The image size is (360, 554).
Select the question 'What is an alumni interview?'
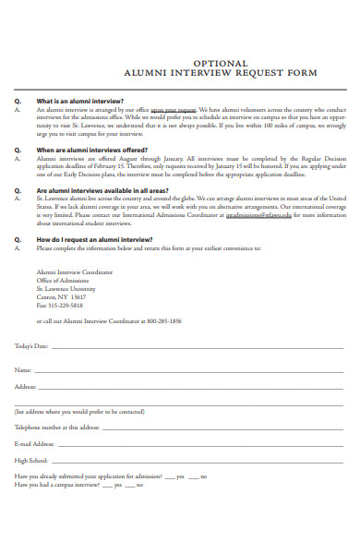pyautogui.click(x=80, y=102)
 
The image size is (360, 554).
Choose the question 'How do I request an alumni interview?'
pyautogui.click(x=94, y=239)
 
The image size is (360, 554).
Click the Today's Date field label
pyautogui.click(x=32, y=346)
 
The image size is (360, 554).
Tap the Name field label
pyautogui.click(x=23, y=369)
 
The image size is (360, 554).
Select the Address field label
pyautogui.click(x=26, y=386)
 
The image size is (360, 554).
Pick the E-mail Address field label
pyautogui.click(x=35, y=443)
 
